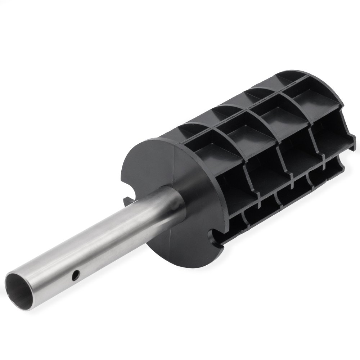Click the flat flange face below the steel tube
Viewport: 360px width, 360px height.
tap(180, 238)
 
